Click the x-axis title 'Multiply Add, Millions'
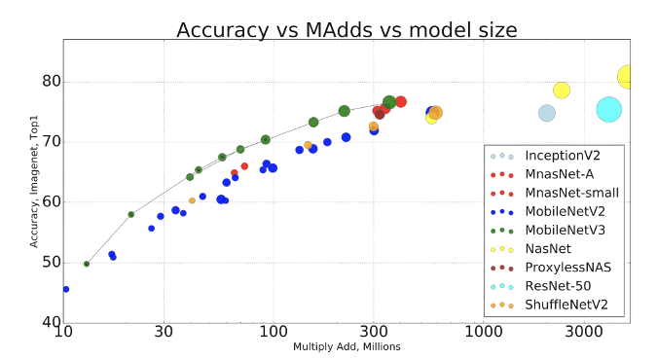point(347,346)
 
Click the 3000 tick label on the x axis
point(582,333)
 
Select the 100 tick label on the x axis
point(273,333)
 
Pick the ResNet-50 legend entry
point(562,286)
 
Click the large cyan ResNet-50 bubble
point(609,110)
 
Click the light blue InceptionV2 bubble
point(547,113)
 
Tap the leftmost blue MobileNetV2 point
point(65,289)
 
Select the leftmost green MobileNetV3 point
point(87,264)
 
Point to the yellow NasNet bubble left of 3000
point(562,90)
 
